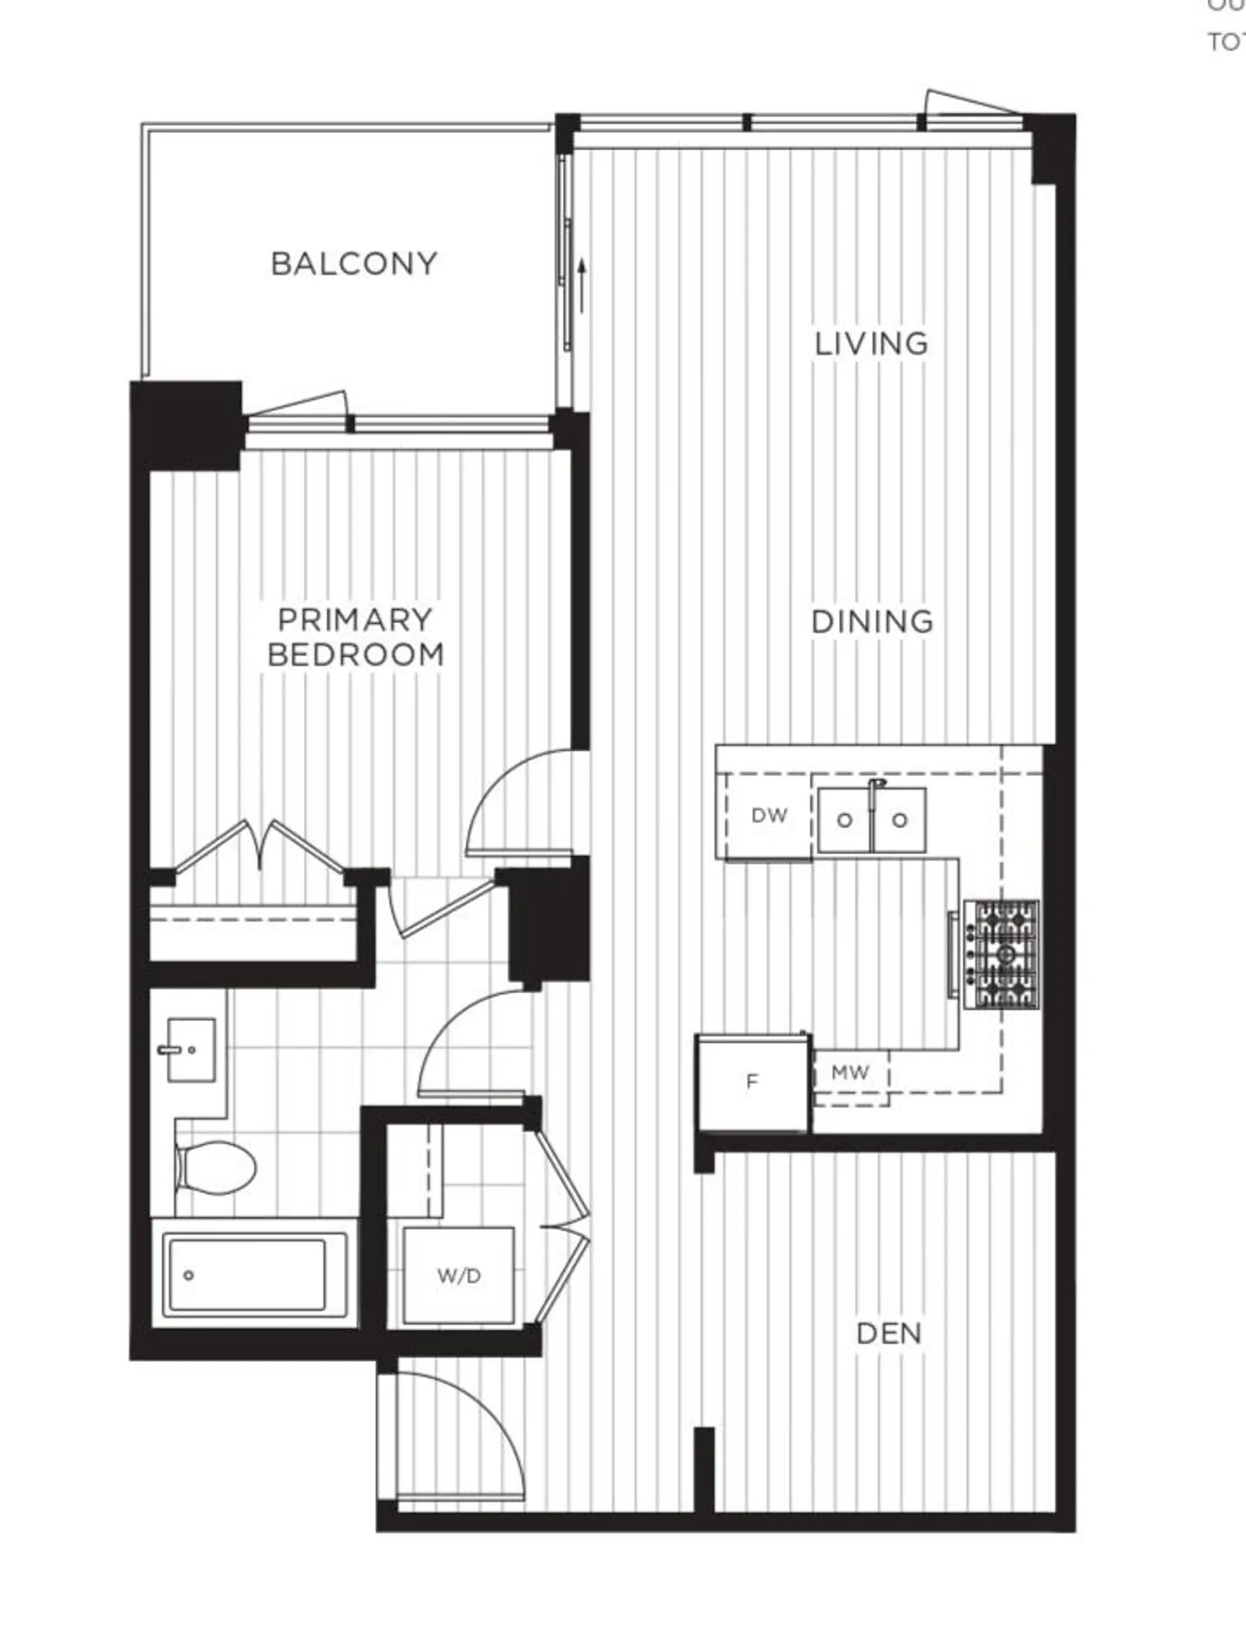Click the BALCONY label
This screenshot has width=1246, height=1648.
tap(354, 264)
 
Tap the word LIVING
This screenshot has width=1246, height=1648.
tap(872, 343)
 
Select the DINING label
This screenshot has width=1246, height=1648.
tap(872, 621)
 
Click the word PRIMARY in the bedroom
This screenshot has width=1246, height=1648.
tap(354, 619)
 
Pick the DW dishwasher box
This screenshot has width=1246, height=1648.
tap(768, 816)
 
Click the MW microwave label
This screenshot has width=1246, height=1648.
tap(849, 1073)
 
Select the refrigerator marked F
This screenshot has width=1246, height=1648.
tap(752, 1082)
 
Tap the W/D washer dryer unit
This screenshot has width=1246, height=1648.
tap(459, 1276)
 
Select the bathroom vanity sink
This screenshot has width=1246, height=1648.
tap(191, 1050)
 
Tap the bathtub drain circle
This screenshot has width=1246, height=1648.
tap(188, 1275)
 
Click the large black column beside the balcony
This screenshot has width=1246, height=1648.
tap(186, 424)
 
